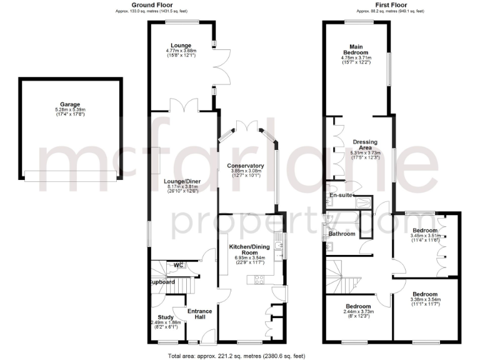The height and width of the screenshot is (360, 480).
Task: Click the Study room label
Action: pos(166,317)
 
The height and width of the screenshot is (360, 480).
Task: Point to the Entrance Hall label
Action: pos(200,314)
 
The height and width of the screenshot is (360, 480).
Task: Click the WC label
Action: pos(177,265)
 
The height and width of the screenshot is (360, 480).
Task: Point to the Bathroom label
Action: pos(342,234)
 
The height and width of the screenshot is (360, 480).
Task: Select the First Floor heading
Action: pos(390,4)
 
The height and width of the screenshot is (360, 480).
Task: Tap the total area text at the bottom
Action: pos(237,356)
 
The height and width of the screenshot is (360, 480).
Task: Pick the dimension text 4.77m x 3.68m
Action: pos(181,51)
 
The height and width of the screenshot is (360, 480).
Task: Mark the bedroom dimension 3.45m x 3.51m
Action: pos(425,236)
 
